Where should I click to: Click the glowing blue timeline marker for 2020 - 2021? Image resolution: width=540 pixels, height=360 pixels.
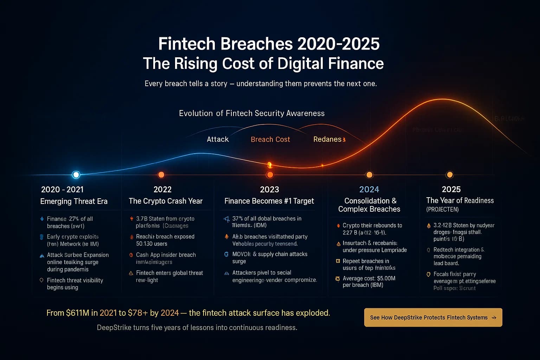76,174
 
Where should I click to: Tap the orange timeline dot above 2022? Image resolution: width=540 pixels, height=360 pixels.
161,175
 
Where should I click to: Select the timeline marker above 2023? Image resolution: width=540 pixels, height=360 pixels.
270,174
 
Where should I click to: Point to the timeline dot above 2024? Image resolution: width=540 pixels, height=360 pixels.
369,175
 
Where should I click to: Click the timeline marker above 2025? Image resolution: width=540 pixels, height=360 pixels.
449,175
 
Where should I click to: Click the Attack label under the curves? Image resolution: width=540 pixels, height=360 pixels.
218,140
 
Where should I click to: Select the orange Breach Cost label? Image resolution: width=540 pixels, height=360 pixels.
270,140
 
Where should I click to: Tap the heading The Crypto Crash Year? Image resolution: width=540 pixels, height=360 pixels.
166,201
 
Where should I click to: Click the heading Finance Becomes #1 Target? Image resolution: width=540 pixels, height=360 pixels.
269,201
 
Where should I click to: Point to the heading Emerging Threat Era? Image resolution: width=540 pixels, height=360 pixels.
74,201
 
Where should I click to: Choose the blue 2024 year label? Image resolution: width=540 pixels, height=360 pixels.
369,189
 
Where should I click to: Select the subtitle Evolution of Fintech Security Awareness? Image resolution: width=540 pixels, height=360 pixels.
252,113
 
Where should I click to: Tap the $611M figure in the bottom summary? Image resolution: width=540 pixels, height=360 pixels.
77,313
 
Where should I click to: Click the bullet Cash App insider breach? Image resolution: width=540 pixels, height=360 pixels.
166,255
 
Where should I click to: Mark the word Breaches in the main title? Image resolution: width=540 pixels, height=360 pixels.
257,44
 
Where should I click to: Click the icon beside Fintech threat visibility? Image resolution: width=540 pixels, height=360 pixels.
41,280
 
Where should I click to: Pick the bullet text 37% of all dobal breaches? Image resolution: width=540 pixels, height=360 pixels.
267,219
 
